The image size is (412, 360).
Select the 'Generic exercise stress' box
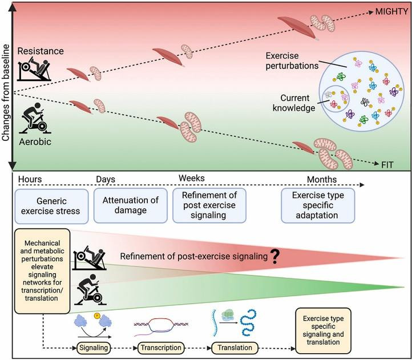coord(52,205)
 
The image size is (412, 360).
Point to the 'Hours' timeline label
coord(31,180)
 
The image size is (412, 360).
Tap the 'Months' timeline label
coord(321,180)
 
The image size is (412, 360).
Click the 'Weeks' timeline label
coord(192,179)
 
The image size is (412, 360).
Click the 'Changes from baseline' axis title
coord(7,86)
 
